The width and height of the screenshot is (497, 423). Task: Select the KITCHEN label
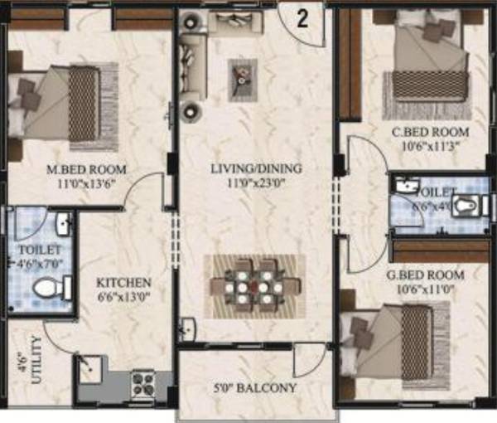(x=122, y=282)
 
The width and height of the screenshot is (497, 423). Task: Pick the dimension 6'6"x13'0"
(x=122, y=295)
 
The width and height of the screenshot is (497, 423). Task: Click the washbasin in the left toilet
(x=62, y=224)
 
